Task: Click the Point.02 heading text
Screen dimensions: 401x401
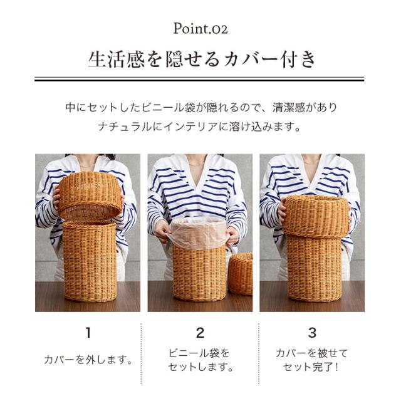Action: coord(200,28)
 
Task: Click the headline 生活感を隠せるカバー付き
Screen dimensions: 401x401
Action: coord(201,60)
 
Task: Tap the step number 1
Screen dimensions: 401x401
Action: coord(88,333)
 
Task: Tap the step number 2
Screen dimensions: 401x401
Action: coord(200,333)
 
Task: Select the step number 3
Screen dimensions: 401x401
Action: coord(312,333)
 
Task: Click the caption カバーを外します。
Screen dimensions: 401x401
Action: coord(88,360)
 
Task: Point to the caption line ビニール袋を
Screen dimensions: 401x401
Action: coord(199,353)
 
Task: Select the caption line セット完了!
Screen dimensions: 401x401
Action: coord(311,367)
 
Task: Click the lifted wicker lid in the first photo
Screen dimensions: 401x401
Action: coord(90,196)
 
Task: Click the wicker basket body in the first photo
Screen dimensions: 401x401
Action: coord(90,261)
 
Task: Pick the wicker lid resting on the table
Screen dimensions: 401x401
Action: coord(241,273)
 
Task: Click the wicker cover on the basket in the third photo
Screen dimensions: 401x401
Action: coord(316,216)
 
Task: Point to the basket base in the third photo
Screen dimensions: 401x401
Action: coord(314,269)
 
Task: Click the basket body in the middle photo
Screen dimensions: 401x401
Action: coord(199,273)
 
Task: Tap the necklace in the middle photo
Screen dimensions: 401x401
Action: coord(196,163)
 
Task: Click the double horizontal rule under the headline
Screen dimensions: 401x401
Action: coord(199,79)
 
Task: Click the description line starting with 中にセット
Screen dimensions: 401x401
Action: coord(201,107)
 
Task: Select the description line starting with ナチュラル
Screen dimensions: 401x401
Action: coord(199,127)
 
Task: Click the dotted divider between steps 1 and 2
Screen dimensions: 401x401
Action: coord(141,353)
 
